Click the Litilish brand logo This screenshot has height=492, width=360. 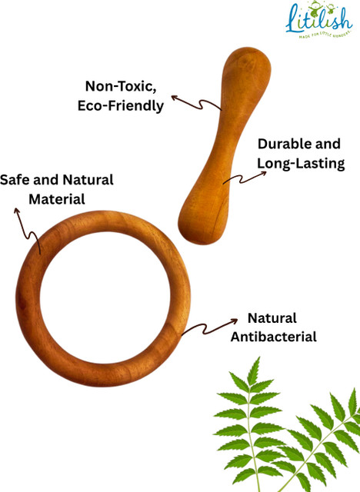(x=319, y=20)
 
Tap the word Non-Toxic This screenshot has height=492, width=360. (x=121, y=86)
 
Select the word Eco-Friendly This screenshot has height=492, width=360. (x=121, y=106)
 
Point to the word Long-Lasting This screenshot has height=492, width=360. (x=301, y=164)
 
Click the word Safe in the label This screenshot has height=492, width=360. (x=15, y=180)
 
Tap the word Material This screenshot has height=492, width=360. (x=57, y=199)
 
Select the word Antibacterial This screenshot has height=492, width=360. (x=273, y=337)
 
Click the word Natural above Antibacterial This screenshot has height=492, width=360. (x=272, y=318)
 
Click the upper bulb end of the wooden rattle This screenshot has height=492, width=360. (x=245, y=70)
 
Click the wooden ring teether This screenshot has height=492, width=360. (x=28, y=298)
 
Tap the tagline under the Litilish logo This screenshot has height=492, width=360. (x=325, y=35)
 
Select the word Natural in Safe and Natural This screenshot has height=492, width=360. (x=88, y=180)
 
